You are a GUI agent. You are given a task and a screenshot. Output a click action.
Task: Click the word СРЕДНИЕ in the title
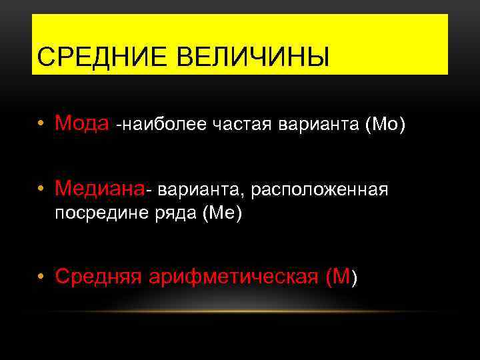point(90,57)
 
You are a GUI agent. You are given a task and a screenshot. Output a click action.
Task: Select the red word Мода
point(83,123)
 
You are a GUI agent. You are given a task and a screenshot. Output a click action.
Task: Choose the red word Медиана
point(99,189)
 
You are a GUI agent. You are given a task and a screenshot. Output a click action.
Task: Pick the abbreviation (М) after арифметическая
point(343,276)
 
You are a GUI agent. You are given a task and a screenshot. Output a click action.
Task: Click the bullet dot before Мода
point(42,124)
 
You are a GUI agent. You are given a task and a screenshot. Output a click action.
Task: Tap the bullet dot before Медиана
point(42,190)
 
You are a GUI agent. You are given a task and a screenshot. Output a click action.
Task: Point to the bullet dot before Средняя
point(42,277)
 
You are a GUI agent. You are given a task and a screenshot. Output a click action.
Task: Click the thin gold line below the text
point(240,311)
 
